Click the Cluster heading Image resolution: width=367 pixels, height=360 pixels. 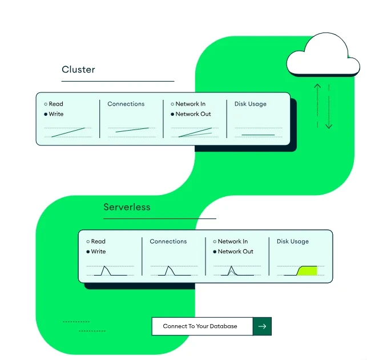pos(78,70)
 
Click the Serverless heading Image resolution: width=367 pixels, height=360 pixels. pos(127,207)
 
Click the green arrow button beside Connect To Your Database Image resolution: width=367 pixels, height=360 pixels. pos(262,326)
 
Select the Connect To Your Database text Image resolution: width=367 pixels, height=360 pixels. pos(200,326)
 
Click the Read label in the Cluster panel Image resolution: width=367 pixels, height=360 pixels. pos(56,104)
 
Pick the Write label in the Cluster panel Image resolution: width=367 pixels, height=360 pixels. pos(56,114)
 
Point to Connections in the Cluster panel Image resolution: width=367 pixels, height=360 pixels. pos(126,104)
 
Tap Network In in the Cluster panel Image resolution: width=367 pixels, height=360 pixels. pos(191,104)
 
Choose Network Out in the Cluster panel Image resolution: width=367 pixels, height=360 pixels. pos(193,114)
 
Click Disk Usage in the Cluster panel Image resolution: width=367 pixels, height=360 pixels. pos(251,104)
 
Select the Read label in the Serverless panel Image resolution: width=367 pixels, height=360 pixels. pos(98,241)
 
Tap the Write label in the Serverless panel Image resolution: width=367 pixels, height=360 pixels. pos(98,252)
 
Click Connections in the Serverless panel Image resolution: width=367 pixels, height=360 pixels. pos(168,241)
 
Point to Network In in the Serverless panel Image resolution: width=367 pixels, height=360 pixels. pos(233,241)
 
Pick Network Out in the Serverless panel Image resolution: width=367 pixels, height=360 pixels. pos(235,252)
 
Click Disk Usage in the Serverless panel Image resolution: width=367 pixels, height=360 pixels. pos(293,241)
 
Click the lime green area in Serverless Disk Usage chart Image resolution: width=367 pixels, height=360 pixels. pos(308,271)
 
